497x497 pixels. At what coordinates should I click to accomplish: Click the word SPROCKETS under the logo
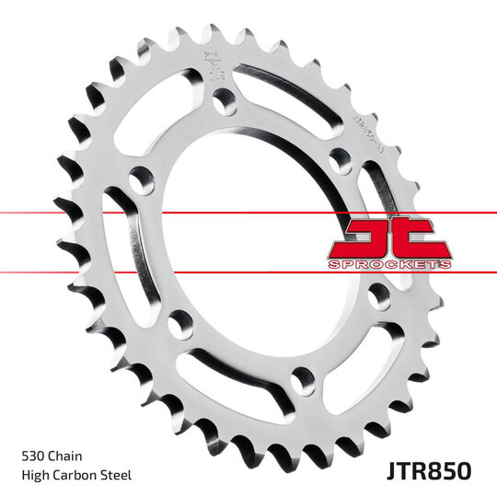tap(389, 264)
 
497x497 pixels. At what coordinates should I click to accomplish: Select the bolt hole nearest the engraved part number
tap(339, 158)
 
